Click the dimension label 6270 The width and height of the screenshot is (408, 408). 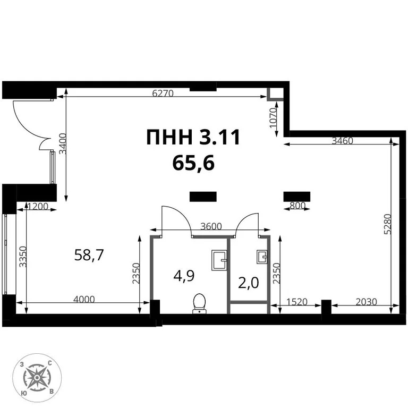(x=163, y=92)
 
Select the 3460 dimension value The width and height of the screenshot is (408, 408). (x=343, y=141)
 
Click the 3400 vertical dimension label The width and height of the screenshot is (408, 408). (x=63, y=143)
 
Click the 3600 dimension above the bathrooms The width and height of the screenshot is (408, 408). (x=211, y=226)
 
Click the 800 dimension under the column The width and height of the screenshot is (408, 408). (x=297, y=205)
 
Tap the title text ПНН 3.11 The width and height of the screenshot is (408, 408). (x=193, y=138)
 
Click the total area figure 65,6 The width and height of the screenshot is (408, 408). (x=193, y=163)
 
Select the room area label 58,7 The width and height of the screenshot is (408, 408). (x=89, y=256)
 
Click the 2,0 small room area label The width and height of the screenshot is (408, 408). (x=248, y=282)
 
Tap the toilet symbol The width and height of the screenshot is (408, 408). (x=200, y=303)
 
